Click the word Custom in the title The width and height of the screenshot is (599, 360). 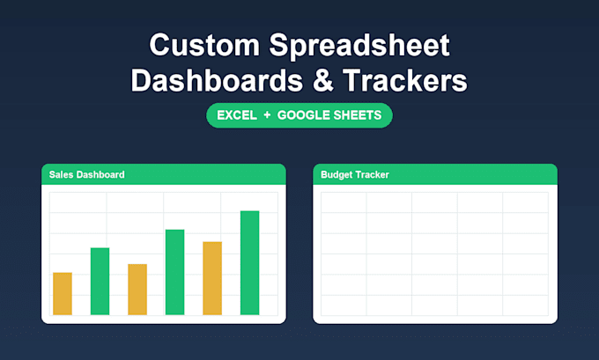tap(204, 46)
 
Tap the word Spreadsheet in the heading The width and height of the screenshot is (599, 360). tap(359, 47)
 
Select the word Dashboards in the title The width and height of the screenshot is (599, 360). tap(217, 81)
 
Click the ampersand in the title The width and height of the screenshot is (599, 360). tap(322, 81)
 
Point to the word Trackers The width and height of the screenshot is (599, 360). tap(405, 81)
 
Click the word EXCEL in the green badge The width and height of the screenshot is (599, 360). tap(237, 115)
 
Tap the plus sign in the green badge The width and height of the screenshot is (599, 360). tap(267, 115)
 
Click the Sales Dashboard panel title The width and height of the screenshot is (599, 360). tap(86, 175)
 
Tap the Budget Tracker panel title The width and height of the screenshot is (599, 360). tap(355, 175)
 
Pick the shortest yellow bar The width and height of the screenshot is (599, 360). tap(63, 294)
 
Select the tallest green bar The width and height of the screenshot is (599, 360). tap(250, 262)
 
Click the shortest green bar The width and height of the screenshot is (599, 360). tap(100, 282)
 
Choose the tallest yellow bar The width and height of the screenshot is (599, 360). tap(212, 278)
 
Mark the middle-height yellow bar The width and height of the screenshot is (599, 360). tap(137, 290)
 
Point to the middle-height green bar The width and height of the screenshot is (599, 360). tap(175, 272)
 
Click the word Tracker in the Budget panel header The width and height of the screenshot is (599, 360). tap(372, 175)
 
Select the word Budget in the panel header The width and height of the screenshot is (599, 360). tap(336, 175)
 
